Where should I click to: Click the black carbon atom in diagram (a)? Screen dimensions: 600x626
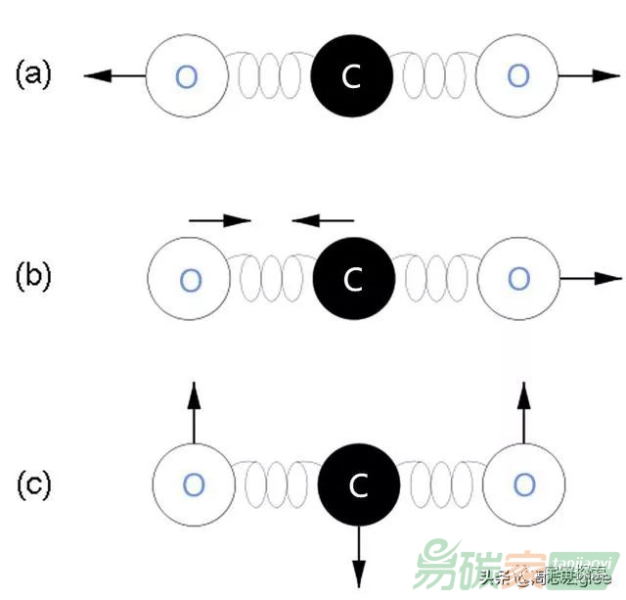(x=352, y=75)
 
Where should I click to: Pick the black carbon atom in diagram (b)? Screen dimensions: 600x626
(x=354, y=280)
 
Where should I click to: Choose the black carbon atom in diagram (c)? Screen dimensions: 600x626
(x=359, y=484)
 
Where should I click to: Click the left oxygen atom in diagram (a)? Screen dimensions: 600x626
(x=186, y=75)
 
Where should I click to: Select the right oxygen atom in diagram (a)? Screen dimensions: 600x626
(x=519, y=75)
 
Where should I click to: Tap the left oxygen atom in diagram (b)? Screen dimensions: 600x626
(x=189, y=280)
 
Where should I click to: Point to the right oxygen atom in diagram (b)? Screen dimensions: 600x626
(x=519, y=279)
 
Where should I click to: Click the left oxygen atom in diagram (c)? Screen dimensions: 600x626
(x=194, y=484)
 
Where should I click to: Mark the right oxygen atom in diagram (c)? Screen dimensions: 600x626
(x=524, y=484)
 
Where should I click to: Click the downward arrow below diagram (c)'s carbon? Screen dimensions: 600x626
(x=359, y=557)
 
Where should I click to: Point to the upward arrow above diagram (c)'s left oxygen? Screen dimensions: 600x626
(x=194, y=411)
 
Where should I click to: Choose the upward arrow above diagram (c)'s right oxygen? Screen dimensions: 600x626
(x=524, y=411)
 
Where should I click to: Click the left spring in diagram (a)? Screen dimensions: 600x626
(x=269, y=75)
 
